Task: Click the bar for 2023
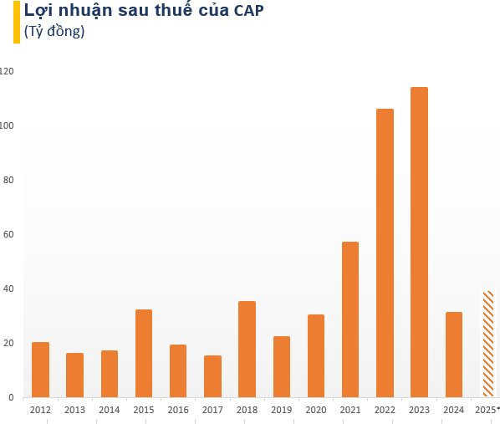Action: coord(419,242)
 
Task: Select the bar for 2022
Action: coord(385,253)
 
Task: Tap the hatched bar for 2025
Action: coord(487,344)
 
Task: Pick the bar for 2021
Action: coord(350,319)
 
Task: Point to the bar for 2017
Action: coord(212,376)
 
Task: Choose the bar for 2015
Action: coord(144,353)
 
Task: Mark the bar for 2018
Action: coord(247,349)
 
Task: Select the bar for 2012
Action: coord(40,370)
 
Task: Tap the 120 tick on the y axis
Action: coord(8,72)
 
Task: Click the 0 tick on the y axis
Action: coord(11,398)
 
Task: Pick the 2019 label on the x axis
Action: coord(281,411)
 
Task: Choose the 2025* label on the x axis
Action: coord(487,411)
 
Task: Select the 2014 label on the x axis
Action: coord(109,411)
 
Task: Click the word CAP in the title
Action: coord(250,12)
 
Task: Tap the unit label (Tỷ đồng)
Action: coord(54,33)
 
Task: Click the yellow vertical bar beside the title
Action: coord(17,22)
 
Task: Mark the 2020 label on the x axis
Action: coord(315,411)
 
